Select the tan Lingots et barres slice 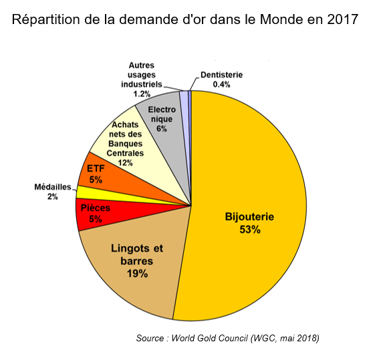[137, 274]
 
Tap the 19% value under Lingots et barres [137, 273]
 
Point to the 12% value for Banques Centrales [125, 162]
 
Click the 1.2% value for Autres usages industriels [140, 94]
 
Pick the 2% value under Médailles [52, 196]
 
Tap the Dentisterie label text [221, 75]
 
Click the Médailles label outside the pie [52, 187]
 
